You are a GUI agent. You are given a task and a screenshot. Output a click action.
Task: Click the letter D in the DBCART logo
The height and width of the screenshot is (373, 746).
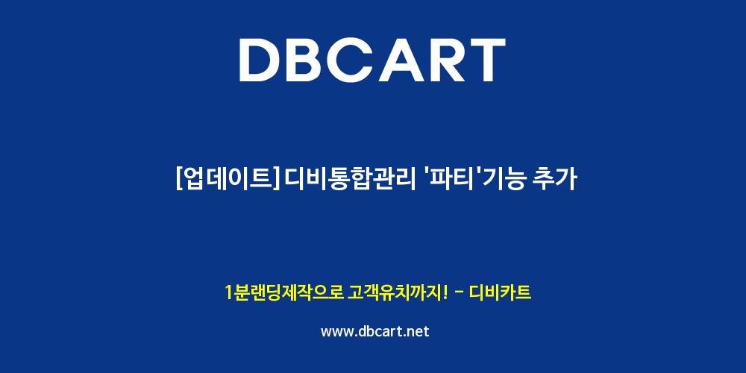(x=260, y=60)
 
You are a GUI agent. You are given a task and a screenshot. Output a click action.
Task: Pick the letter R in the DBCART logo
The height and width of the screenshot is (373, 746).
(x=446, y=60)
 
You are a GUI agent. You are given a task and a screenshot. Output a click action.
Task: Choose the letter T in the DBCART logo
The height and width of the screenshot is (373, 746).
(x=486, y=60)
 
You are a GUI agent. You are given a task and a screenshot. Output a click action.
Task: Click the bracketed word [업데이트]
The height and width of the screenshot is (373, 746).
(x=228, y=180)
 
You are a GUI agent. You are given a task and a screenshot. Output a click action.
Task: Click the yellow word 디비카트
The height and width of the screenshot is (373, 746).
(x=500, y=292)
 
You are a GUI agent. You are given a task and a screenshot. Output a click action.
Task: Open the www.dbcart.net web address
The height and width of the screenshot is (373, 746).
(x=375, y=331)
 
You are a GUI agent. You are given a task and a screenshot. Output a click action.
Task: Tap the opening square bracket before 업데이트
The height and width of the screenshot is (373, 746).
(x=179, y=181)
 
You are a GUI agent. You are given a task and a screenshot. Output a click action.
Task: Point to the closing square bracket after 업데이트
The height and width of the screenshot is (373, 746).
(x=275, y=181)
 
